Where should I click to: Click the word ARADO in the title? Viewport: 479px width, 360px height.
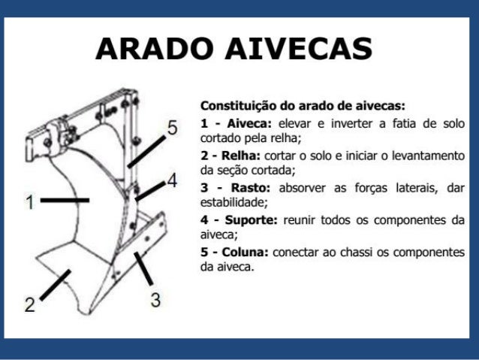click(x=154, y=50)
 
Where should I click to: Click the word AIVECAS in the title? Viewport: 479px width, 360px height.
click(x=298, y=50)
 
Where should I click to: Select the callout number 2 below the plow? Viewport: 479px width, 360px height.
click(x=29, y=305)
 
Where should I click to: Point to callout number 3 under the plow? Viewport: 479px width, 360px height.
click(x=155, y=299)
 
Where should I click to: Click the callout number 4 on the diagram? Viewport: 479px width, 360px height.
click(x=171, y=180)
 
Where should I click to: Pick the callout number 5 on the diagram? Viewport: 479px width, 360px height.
click(x=172, y=129)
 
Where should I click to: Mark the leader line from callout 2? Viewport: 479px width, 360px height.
click(x=53, y=286)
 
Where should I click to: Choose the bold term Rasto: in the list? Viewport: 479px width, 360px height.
click(x=233, y=188)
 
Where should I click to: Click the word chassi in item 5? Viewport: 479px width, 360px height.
click(x=354, y=253)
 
